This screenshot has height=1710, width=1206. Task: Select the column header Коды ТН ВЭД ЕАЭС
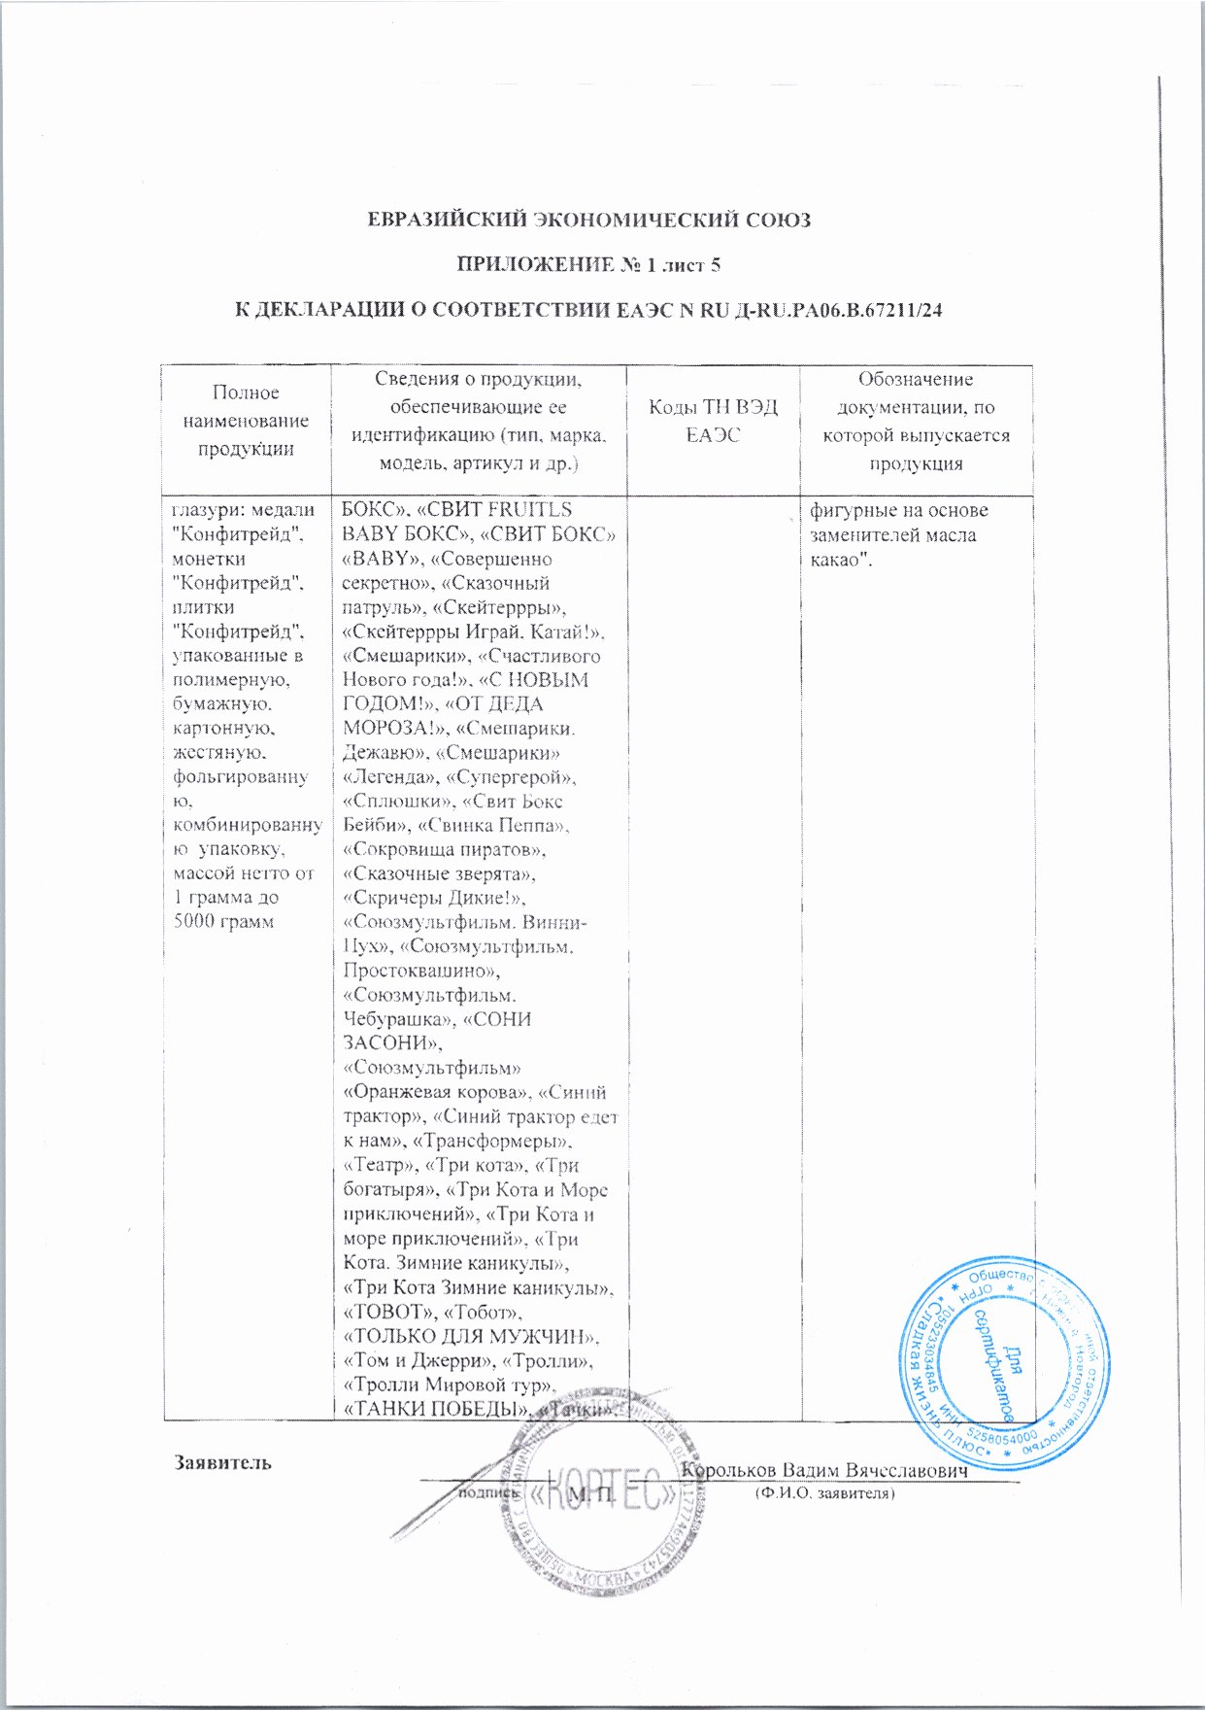click(x=713, y=422)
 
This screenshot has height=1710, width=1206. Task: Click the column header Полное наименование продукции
click(x=247, y=421)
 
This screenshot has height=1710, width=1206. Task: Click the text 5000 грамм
click(x=222, y=921)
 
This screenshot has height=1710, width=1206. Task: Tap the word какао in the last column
click(x=839, y=560)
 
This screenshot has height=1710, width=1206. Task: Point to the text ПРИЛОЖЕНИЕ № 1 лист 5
click(x=588, y=265)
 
